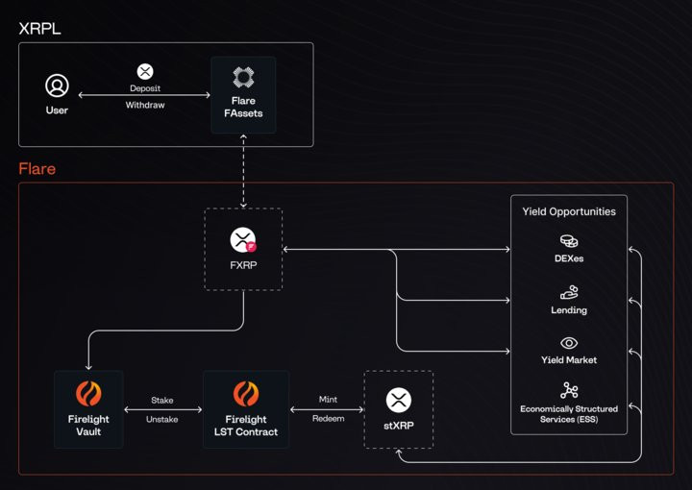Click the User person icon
tap(58, 86)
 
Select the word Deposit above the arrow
tap(145, 88)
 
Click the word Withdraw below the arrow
tap(145, 105)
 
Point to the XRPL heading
tap(40, 28)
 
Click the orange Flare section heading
tap(37, 169)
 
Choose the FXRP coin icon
tap(242, 240)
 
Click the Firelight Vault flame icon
tap(88, 394)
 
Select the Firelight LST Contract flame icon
tap(246, 394)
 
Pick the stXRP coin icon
tap(398, 400)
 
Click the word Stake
tap(162, 400)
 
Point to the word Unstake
tap(162, 418)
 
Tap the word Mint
tap(328, 400)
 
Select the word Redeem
tap(328, 418)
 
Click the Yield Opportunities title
tap(569, 211)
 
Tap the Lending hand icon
tap(569, 291)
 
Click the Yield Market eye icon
tap(569, 342)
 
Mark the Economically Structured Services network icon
tap(569, 390)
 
